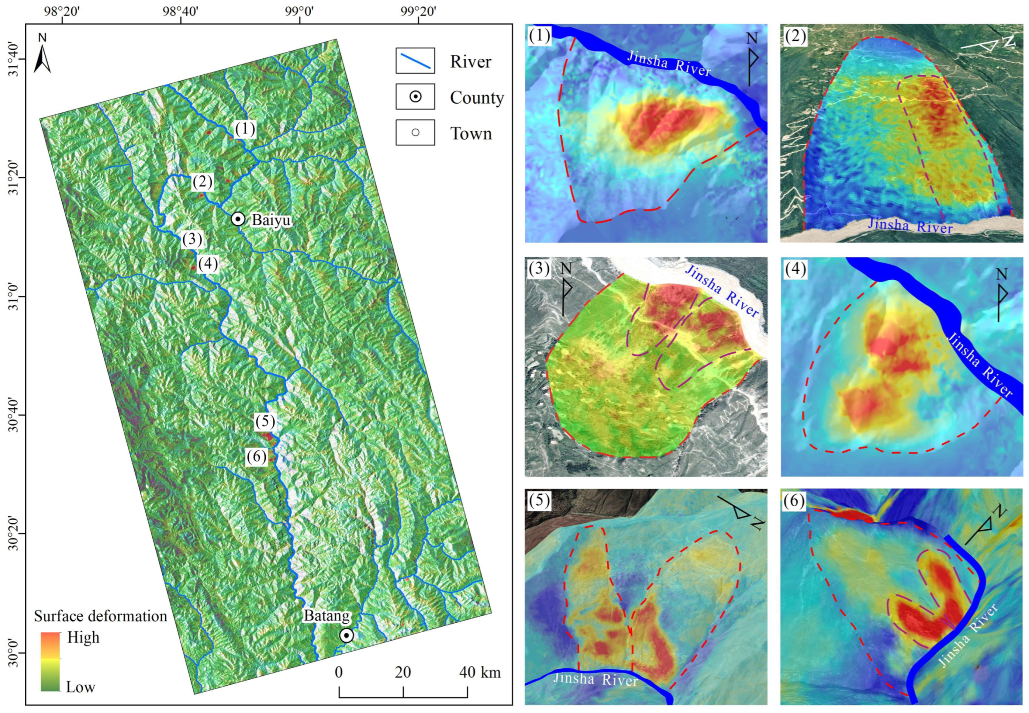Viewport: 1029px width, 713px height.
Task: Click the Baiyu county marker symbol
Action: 237,219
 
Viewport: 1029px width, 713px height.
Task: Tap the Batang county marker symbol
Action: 346,635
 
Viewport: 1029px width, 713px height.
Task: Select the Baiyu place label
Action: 270,220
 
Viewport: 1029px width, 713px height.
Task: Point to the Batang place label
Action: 327,616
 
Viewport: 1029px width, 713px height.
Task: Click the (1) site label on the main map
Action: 245,129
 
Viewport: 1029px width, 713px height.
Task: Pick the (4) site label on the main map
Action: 208,264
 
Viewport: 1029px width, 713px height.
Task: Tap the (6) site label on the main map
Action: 257,457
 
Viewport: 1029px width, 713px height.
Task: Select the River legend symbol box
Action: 415,61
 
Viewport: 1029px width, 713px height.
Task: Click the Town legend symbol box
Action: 415,132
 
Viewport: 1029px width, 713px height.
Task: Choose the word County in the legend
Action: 477,97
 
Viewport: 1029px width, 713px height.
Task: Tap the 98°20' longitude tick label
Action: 62,11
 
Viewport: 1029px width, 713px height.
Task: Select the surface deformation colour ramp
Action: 51,661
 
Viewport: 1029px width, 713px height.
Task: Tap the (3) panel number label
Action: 539,269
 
